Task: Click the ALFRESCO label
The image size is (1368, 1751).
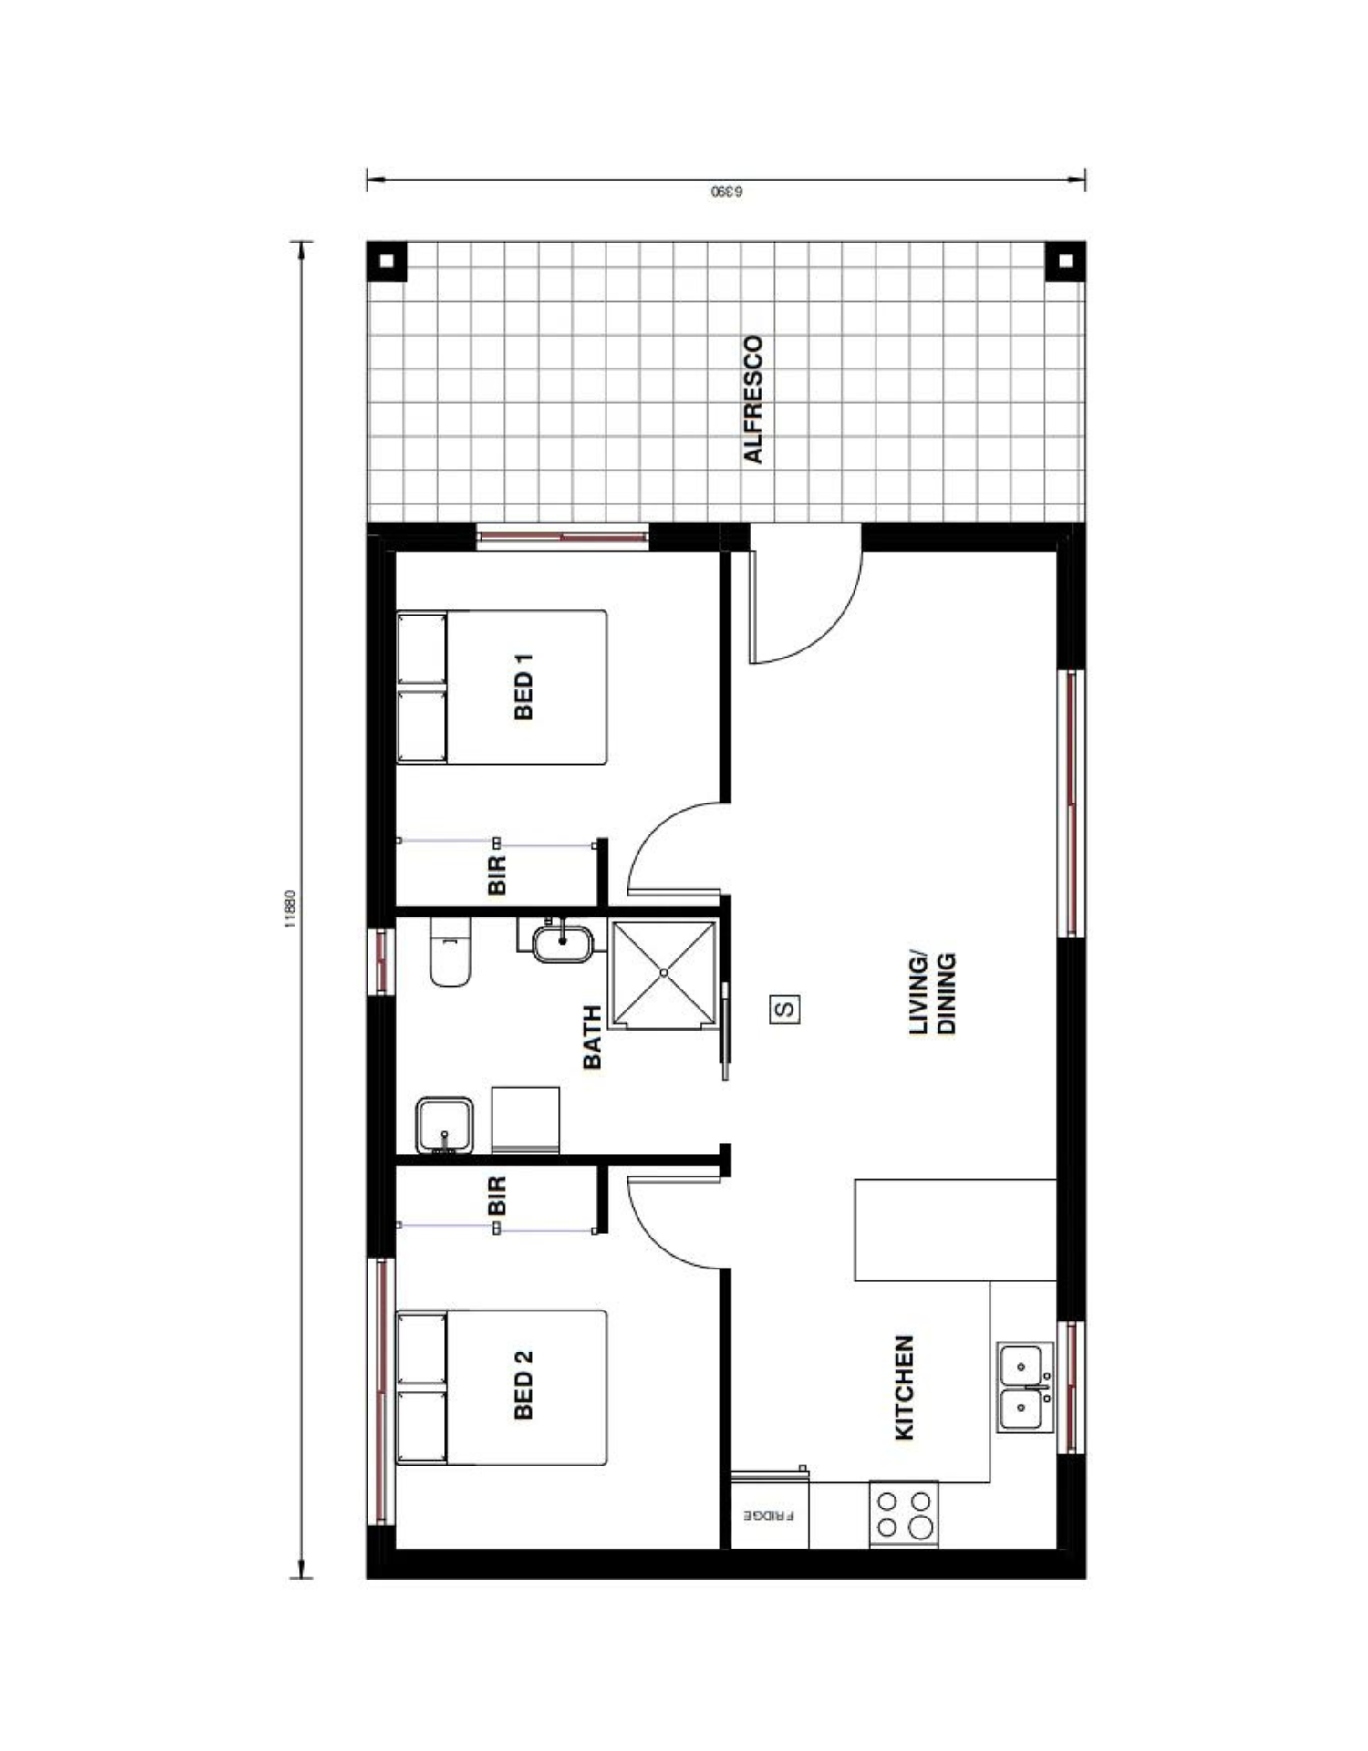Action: coord(753,399)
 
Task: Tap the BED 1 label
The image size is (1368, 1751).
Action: coord(523,686)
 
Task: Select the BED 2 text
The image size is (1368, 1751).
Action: coord(523,1385)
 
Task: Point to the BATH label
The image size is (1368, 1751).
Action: coord(592,1037)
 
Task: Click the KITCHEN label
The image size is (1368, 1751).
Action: coord(904,1388)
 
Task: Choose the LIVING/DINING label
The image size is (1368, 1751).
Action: coord(933,994)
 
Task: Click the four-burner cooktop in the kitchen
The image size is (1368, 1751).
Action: coord(903,1514)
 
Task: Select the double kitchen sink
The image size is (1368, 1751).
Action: coord(1024,1387)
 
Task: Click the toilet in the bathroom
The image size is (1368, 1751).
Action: coord(450,953)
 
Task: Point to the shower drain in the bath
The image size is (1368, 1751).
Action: coord(664,973)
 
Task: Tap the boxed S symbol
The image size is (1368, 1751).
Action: coord(785,1010)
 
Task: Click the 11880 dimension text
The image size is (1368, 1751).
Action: coord(290,909)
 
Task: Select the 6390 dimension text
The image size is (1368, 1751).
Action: coord(727,192)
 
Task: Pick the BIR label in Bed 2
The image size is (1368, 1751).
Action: coord(497,1195)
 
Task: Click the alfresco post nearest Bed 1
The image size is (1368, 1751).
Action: coord(387,261)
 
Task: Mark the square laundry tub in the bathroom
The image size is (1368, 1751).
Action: coord(444,1125)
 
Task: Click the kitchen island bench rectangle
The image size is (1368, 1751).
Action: coord(955,1230)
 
